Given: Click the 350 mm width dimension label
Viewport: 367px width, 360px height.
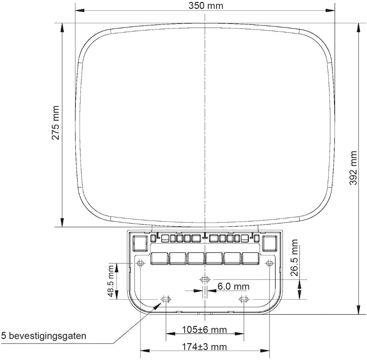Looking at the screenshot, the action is click(x=206, y=6).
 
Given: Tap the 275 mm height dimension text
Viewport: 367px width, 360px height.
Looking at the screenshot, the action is click(x=56, y=123).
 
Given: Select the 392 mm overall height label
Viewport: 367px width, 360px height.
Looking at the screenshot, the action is click(x=353, y=168).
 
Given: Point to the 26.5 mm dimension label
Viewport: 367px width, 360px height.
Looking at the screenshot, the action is click(x=294, y=258).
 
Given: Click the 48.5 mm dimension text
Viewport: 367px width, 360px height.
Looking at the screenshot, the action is click(x=111, y=281).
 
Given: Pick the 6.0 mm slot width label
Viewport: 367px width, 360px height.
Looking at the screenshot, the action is click(x=233, y=287).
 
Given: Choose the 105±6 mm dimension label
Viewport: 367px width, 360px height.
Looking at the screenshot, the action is click(x=204, y=330).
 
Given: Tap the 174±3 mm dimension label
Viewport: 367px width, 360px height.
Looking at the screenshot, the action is click(x=204, y=347).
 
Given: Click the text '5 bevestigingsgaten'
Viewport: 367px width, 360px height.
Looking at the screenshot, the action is click(x=44, y=336).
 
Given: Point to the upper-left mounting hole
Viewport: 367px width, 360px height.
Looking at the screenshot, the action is click(x=140, y=263).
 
